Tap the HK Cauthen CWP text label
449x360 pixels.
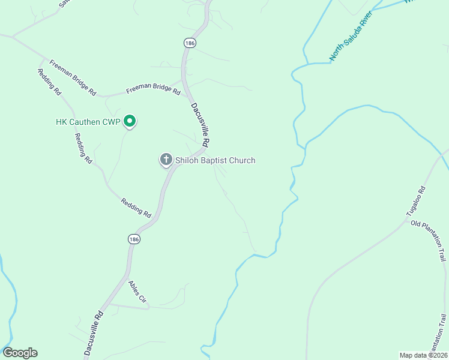(x=89, y=122)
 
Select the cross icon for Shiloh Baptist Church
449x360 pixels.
(x=166, y=160)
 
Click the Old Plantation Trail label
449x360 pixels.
(x=429, y=240)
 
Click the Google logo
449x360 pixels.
(x=20, y=353)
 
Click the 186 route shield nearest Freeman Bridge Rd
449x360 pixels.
(x=190, y=43)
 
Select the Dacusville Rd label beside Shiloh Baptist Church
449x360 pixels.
(x=200, y=125)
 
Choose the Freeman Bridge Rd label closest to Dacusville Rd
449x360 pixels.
(x=153, y=91)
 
